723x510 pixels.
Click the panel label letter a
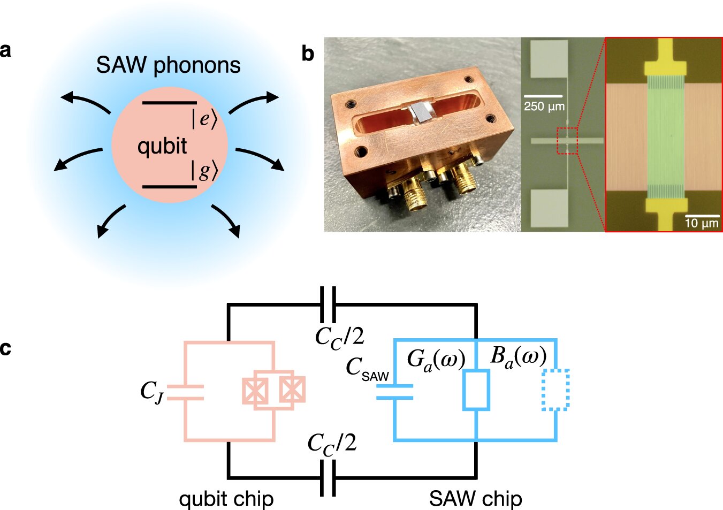pos(5,50)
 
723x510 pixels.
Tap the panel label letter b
pos(308,54)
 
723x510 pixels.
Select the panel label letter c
pos(5,348)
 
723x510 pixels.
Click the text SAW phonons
pos(168,65)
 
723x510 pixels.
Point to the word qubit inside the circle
pos(162,146)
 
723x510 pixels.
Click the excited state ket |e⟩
pos(204,119)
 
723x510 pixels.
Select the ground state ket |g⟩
pos(204,171)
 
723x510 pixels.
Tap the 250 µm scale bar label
pos(544,106)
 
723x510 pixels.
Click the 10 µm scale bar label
pos(702,223)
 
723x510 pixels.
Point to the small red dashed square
pos(567,141)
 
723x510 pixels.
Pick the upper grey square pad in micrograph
pos(549,59)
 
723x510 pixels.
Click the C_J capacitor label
pos(151,392)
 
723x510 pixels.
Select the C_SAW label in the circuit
pos(367,369)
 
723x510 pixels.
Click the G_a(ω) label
pos(436,359)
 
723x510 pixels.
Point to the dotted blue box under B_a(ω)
pos(555,390)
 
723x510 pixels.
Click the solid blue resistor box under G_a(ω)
pos(476,390)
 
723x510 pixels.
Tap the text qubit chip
pos(226,499)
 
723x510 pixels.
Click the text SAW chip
pos(475,499)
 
